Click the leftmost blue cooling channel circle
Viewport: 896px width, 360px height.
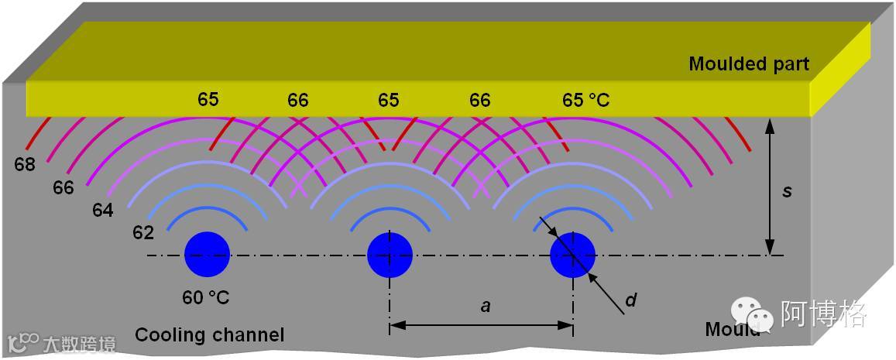coord(208,255)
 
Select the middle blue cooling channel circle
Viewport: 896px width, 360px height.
coord(390,255)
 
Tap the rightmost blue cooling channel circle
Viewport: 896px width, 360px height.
coord(572,255)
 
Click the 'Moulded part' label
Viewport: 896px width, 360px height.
coord(748,63)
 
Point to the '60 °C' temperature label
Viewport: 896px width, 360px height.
coord(206,297)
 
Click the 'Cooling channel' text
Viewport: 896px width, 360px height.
coord(210,335)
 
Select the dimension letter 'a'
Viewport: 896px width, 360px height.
coord(486,307)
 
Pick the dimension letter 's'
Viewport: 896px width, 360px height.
coord(787,190)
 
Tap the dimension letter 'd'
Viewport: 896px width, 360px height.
coord(630,300)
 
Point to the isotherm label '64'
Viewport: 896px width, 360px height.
coord(103,210)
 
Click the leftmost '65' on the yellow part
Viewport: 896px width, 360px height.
coord(208,100)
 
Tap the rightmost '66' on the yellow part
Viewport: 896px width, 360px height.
coord(479,101)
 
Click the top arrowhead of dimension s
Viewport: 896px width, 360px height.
coord(769,125)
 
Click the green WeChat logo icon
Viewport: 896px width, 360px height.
coord(754,313)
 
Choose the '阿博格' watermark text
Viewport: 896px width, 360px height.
coord(823,313)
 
